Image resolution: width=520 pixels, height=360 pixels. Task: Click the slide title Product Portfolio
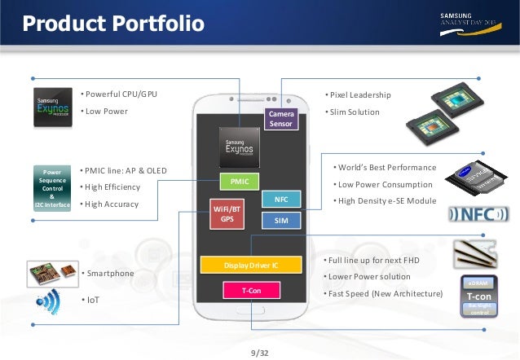113,24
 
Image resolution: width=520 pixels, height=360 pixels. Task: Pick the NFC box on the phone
280,199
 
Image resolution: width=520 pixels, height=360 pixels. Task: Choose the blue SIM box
280,220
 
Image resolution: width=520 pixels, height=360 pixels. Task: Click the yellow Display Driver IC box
251,264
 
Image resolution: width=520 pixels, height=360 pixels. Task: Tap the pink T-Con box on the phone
251,288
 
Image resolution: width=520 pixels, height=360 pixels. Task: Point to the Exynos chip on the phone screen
240,147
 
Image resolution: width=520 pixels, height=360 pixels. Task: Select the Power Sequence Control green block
52,188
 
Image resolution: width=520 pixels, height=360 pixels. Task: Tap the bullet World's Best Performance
386,167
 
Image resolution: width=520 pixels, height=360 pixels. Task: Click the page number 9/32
260,352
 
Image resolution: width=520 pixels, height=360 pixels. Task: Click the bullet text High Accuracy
112,204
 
